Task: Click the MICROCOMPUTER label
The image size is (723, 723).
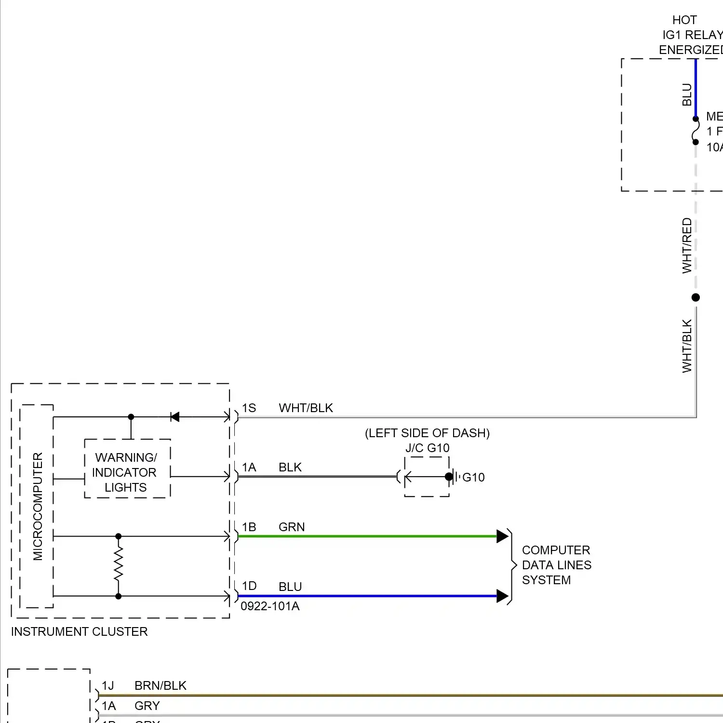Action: click(x=38, y=506)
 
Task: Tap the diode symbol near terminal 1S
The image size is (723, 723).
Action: click(x=175, y=417)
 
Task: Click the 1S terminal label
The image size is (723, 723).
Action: click(x=249, y=408)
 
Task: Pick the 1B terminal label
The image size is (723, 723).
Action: click(x=249, y=527)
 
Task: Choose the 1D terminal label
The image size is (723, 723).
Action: click(x=249, y=586)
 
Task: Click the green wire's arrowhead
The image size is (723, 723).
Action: click(x=502, y=536)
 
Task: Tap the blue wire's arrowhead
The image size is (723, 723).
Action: click(x=502, y=596)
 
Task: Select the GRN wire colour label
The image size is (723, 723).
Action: click(x=292, y=527)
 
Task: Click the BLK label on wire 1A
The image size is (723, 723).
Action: click(x=290, y=468)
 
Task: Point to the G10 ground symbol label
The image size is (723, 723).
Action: click(x=473, y=478)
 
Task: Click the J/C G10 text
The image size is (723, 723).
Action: click(x=427, y=448)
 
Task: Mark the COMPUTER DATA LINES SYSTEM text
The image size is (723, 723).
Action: click(x=556, y=565)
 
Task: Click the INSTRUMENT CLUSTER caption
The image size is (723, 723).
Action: click(x=79, y=632)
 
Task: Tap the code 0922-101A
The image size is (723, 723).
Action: click(x=270, y=606)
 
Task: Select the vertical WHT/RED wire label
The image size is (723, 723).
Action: click(x=687, y=246)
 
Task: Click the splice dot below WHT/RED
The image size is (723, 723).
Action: click(x=696, y=297)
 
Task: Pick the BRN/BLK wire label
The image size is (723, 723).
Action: click(x=160, y=686)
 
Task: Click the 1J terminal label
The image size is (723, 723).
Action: click(x=107, y=686)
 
